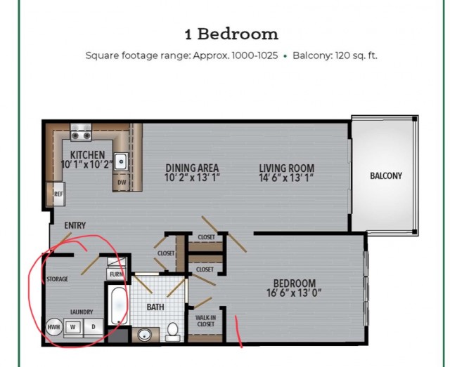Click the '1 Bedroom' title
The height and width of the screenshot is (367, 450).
[231, 34]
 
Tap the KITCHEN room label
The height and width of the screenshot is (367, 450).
[87, 155]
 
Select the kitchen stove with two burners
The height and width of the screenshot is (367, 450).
[81, 133]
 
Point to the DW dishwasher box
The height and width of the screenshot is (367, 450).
[122, 182]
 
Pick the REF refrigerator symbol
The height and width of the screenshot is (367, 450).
[58, 194]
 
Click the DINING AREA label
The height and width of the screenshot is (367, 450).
[192, 168]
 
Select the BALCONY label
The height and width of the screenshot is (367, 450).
[386, 175]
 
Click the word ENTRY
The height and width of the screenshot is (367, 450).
[75, 225]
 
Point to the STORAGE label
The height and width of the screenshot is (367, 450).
[58, 279]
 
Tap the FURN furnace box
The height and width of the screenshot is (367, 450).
[116, 274]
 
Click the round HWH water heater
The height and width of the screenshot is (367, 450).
[54, 327]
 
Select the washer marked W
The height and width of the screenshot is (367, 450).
[73, 327]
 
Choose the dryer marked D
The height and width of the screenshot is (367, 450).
[94, 327]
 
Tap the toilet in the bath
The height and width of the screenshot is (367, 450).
[173, 332]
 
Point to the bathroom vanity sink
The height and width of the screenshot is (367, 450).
[145, 334]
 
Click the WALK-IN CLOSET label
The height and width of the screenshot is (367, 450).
[206, 321]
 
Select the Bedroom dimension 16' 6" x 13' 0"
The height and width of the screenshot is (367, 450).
[294, 293]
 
